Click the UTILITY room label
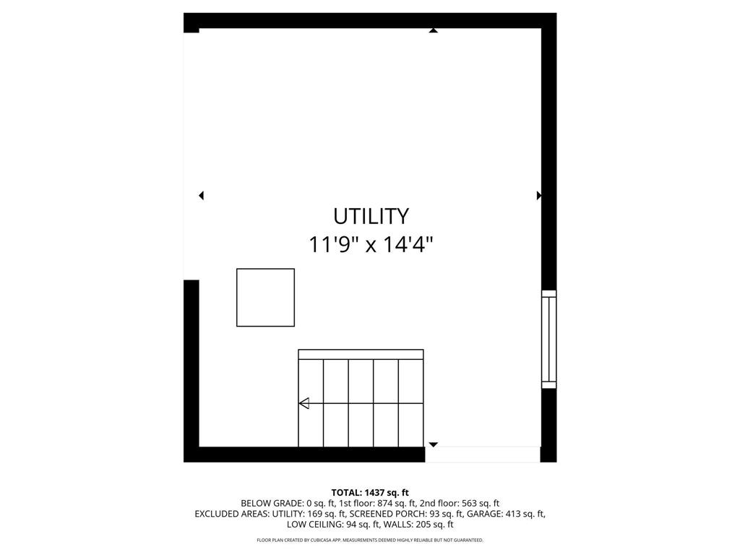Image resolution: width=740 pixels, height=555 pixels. pyautogui.click(x=371, y=216)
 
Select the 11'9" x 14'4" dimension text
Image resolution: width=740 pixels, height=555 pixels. pyautogui.click(x=371, y=244)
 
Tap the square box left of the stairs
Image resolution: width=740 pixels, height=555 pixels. pyautogui.click(x=265, y=297)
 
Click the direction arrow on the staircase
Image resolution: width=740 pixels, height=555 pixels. pyautogui.click(x=304, y=403)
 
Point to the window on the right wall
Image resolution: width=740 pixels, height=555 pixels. pyautogui.click(x=548, y=339)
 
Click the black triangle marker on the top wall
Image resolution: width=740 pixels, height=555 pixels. pyautogui.click(x=433, y=30)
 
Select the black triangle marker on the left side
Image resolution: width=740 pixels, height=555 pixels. pyautogui.click(x=202, y=195)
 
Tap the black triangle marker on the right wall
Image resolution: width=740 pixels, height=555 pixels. pyautogui.click(x=538, y=195)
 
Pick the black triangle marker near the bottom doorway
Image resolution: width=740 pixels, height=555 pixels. pyautogui.click(x=433, y=444)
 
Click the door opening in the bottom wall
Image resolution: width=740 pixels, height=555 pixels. pyautogui.click(x=482, y=455)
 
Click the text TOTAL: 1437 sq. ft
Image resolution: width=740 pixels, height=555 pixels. pyautogui.click(x=370, y=492)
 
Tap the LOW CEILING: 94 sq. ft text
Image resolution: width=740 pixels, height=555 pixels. pyautogui.click(x=334, y=525)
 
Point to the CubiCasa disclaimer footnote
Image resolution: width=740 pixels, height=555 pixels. pyautogui.click(x=370, y=540)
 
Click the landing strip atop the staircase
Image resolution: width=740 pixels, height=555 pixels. pyautogui.click(x=361, y=354)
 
